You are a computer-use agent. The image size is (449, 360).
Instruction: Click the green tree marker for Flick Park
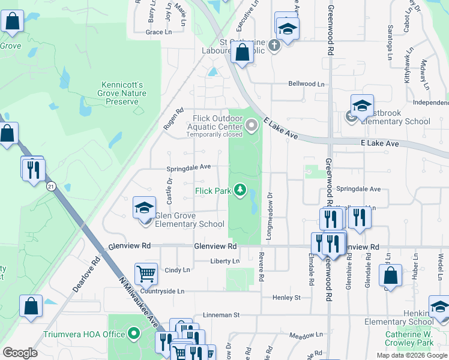pyautogui.click(x=241, y=190)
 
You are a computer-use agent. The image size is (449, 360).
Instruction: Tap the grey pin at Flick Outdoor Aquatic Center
pyautogui.click(x=252, y=125)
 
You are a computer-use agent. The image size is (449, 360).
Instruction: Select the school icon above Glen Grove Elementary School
pyautogui.click(x=144, y=208)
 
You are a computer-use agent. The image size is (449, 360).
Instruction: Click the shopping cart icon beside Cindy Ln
pyautogui.click(x=146, y=274)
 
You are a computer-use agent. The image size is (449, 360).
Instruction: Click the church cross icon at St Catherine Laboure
pyautogui.click(x=274, y=46)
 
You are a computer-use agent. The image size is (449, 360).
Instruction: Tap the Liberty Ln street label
pyautogui.click(x=225, y=261)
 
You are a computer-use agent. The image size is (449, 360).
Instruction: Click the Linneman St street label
pyautogui.click(x=221, y=314)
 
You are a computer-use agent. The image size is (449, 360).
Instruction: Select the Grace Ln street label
pyautogui.click(x=158, y=32)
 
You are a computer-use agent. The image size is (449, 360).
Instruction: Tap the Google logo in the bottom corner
pyautogui.click(x=20, y=353)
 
